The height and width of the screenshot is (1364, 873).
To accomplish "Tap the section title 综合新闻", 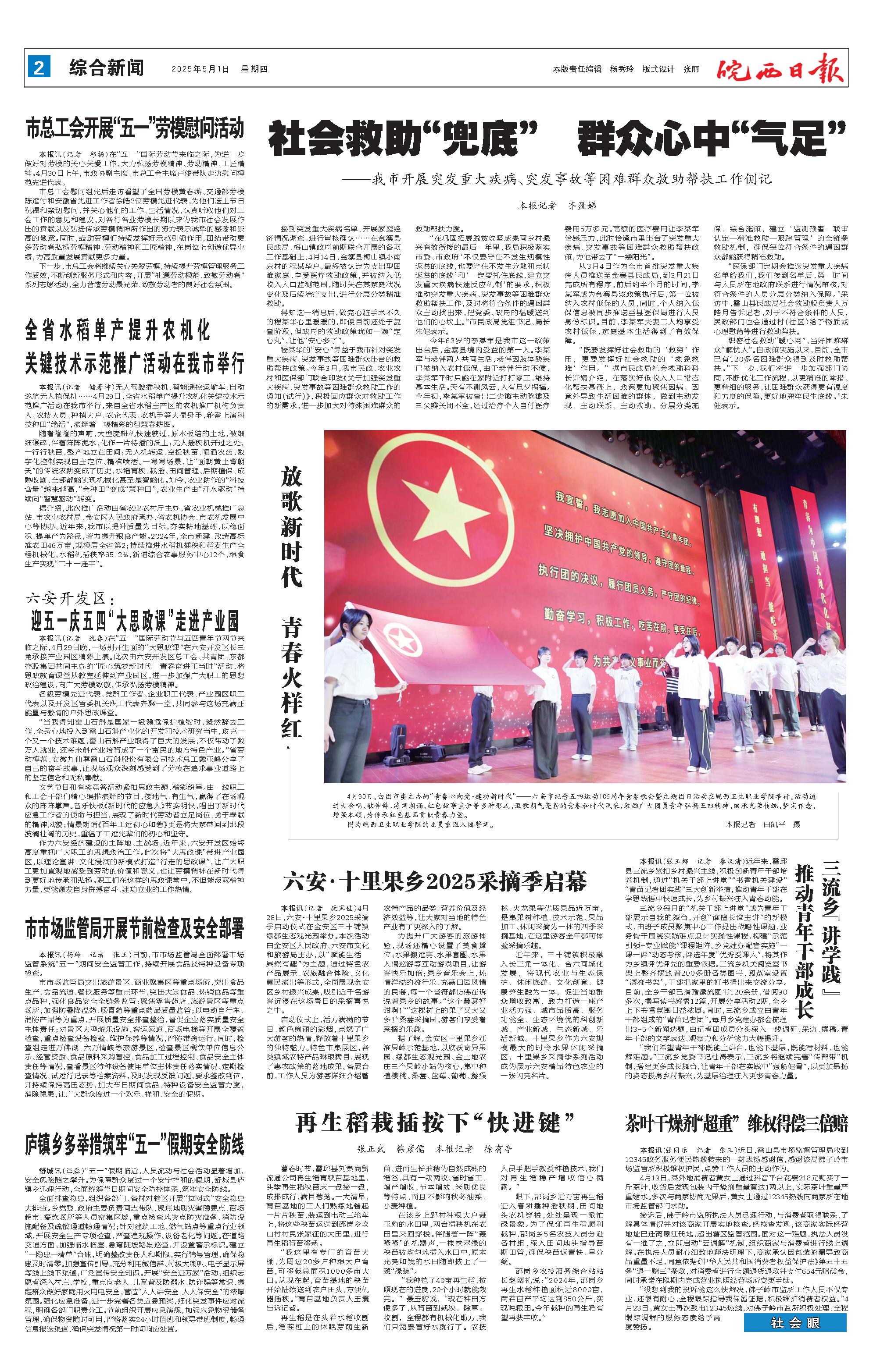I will pos(107,68).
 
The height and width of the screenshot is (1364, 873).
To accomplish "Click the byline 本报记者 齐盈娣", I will pos(558,205).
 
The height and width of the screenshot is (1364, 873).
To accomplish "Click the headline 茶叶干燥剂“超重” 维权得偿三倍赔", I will pos(737,1106).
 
